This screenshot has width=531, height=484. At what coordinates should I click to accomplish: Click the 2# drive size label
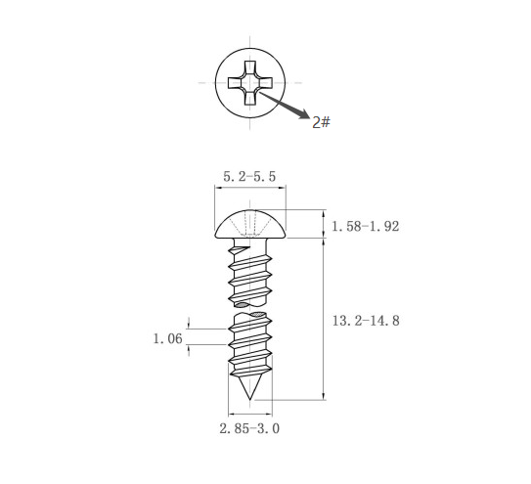(321, 122)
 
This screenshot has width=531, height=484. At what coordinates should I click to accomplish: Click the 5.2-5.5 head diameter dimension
(249, 176)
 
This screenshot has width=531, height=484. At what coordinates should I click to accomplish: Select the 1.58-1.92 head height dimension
(366, 226)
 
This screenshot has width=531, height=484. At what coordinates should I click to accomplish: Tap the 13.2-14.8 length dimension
(366, 321)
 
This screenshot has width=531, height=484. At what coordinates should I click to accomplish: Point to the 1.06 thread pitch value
(168, 338)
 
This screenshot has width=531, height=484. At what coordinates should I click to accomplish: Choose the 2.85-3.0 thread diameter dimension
(249, 429)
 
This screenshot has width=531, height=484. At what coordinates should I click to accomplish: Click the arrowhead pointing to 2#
(304, 114)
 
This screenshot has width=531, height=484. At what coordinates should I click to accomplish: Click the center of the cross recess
(250, 83)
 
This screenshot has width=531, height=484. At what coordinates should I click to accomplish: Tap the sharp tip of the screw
(250, 399)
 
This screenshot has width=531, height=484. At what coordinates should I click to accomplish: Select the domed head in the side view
(250, 224)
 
